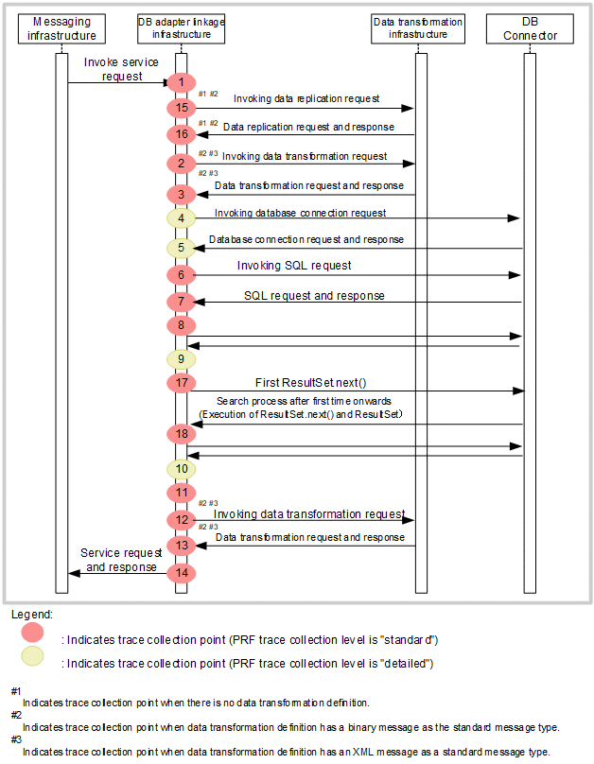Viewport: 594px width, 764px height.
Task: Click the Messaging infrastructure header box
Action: pos(61,28)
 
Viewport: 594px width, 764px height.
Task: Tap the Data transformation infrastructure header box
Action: pos(417,28)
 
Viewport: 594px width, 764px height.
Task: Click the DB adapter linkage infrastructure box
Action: pos(181,28)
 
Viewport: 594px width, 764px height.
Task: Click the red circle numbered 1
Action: pos(180,82)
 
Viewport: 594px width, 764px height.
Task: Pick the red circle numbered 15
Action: pos(180,108)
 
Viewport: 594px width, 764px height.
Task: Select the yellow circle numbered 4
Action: pos(180,217)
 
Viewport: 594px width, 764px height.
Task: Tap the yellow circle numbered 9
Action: pos(180,359)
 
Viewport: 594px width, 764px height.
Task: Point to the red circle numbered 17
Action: pos(180,383)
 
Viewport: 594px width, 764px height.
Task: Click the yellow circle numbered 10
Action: pos(180,468)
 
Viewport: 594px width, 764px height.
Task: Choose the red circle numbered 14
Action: pos(180,572)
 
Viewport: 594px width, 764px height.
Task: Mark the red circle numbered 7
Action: pos(180,302)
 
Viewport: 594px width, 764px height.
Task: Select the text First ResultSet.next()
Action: pos(310,382)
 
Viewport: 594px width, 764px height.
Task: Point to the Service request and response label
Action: pos(118,560)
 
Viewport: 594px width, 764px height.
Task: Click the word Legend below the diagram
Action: pos(32,615)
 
